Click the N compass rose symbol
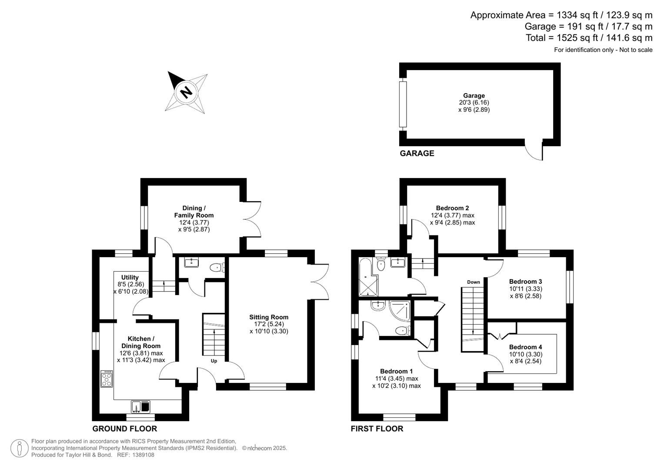point(186,92)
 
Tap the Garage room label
point(474,96)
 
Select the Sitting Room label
point(269,317)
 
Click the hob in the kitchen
point(107,379)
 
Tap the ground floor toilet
point(216,268)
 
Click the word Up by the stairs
point(214,361)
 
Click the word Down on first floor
point(474,282)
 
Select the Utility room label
point(130,277)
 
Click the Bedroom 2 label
point(452,208)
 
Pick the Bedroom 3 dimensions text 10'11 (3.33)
point(525,289)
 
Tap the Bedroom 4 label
point(525,347)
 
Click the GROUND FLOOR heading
point(124,429)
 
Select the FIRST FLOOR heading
point(377,429)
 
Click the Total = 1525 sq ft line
point(589,38)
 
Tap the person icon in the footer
point(19,448)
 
